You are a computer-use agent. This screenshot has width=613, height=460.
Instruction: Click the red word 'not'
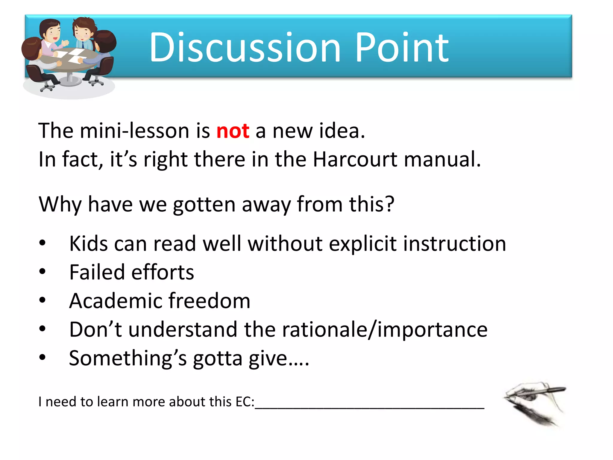click(233, 131)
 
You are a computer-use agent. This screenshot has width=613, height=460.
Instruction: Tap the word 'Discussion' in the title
click(245, 48)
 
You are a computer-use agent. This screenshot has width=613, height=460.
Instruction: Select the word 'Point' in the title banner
click(402, 48)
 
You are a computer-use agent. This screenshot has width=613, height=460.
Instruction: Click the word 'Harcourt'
click(355, 159)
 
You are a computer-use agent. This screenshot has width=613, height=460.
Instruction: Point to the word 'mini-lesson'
click(135, 131)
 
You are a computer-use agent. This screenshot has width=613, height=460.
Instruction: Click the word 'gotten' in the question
click(204, 205)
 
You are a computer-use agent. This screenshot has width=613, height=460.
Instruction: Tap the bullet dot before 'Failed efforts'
click(43, 271)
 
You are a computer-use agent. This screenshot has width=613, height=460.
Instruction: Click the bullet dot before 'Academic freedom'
click(43, 300)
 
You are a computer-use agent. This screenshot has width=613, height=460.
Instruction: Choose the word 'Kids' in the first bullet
click(88, 243)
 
